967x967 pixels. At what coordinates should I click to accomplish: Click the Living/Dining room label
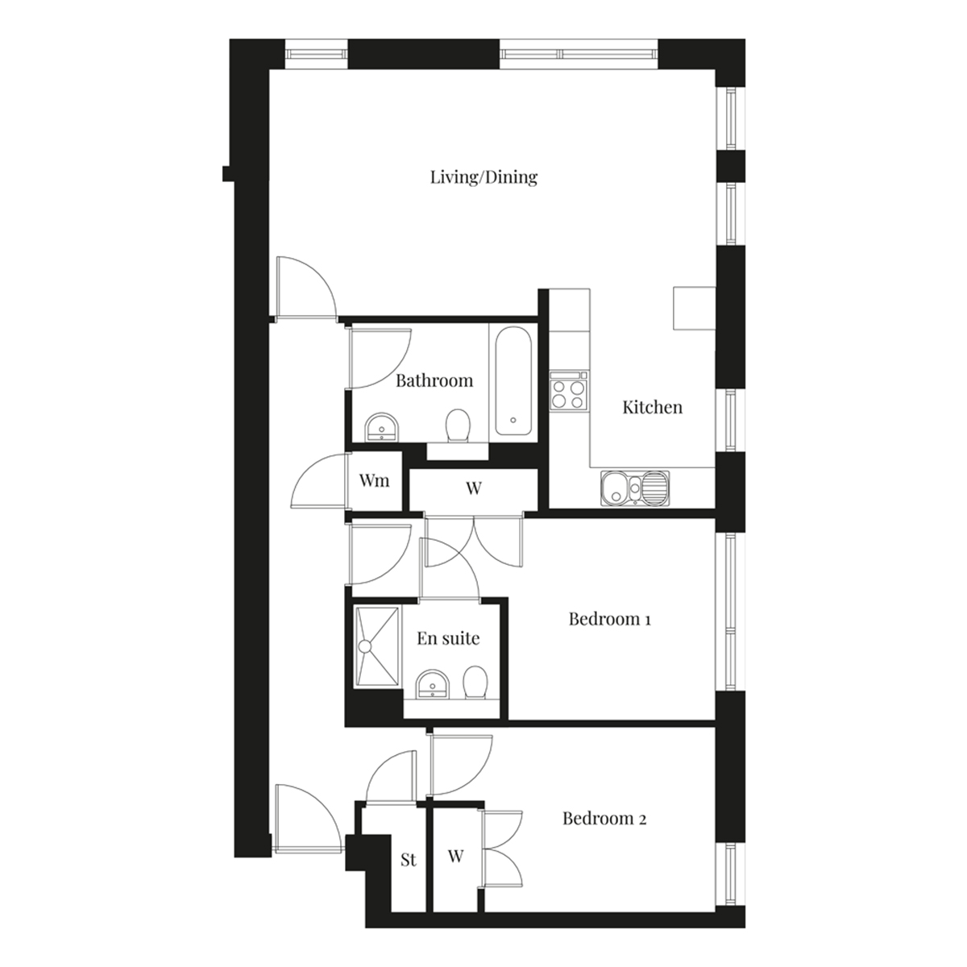[x=483, y=177]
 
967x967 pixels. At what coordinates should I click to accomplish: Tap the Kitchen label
[x=653, y=407]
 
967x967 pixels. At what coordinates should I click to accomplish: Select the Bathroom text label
[x=434, y=380]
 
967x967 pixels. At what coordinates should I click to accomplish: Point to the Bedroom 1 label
[x=610, y=619]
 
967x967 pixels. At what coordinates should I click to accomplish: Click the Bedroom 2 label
[x=604, y=819]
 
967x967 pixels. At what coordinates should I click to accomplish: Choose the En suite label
[x=448, y=638]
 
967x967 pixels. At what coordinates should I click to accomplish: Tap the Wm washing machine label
[x=375, y=481]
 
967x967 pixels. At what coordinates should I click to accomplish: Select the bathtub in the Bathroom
[x=513, y=381]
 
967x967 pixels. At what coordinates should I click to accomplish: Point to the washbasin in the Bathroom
[x=383, y=427]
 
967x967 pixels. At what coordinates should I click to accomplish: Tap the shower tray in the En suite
[x=378, y=645]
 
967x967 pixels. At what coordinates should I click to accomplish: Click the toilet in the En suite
[x=475, y=683]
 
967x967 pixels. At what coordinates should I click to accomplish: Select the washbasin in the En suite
[x=433, y=684]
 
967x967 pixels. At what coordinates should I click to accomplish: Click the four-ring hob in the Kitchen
[x=569, y=390]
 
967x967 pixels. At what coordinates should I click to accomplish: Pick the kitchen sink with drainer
[x=635, y=488]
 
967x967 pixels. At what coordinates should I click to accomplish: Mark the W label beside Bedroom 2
[x=455, y=856]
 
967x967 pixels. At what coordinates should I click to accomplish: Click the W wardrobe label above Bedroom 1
[x=474, y=488]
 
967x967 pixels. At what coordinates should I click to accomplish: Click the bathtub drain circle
[x=513, y=420]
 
